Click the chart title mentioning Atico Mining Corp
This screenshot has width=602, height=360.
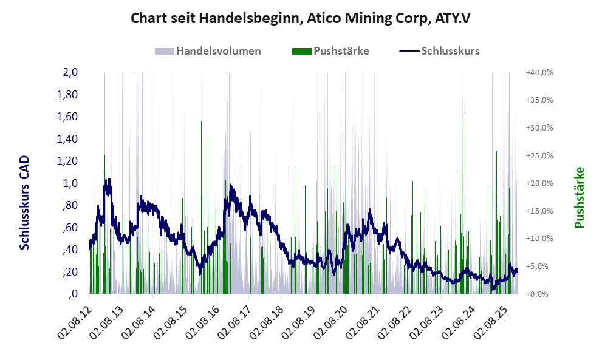pyautogui.click(x=301, y=18)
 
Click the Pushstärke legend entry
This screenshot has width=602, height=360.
pyautogui.click(x=330, y=50)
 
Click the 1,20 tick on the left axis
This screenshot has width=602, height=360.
pyautogui.click(x=68, y=161)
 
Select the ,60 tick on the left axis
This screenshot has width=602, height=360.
pyautogui.click(x=70, y=227)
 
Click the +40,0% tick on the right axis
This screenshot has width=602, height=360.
pyautogui.click(x=539, y=72)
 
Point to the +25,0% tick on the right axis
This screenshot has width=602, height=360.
pyautogui.click(x=539, y=155)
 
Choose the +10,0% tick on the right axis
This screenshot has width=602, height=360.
pyautogui.click(x=539, y=239)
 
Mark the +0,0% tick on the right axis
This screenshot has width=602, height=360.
pyautogui.click(x=539, y=294)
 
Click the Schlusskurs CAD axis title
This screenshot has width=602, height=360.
pyautogui.click(x=24, y=202)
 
